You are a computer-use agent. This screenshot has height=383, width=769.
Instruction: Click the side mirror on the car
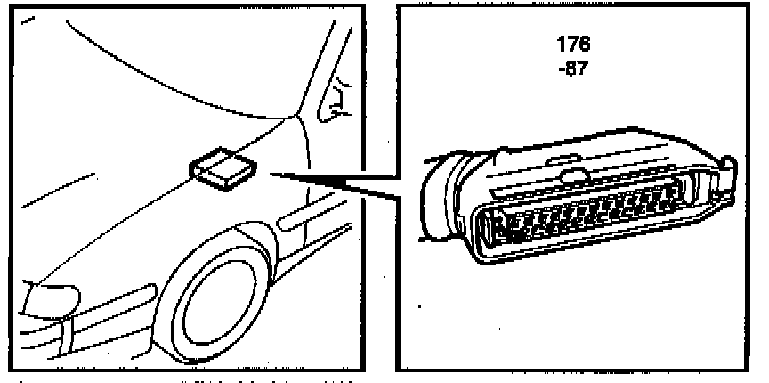tap(336, 99)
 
